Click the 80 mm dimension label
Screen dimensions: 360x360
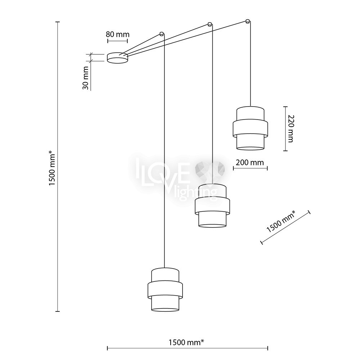tap(118, 35)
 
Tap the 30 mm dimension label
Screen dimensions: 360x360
tap(85, 78)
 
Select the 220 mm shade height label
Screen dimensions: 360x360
tap(291, 129)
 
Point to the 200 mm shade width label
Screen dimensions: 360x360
tap(250, 163)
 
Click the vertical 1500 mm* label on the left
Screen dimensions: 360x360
tap(52, 168)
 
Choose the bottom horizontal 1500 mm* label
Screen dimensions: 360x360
tap(186, 342)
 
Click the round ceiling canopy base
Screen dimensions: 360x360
tap(118, 58)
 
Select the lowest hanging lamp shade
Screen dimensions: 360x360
tap(165, 289)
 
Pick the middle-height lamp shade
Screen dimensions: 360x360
tap(212, 206)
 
